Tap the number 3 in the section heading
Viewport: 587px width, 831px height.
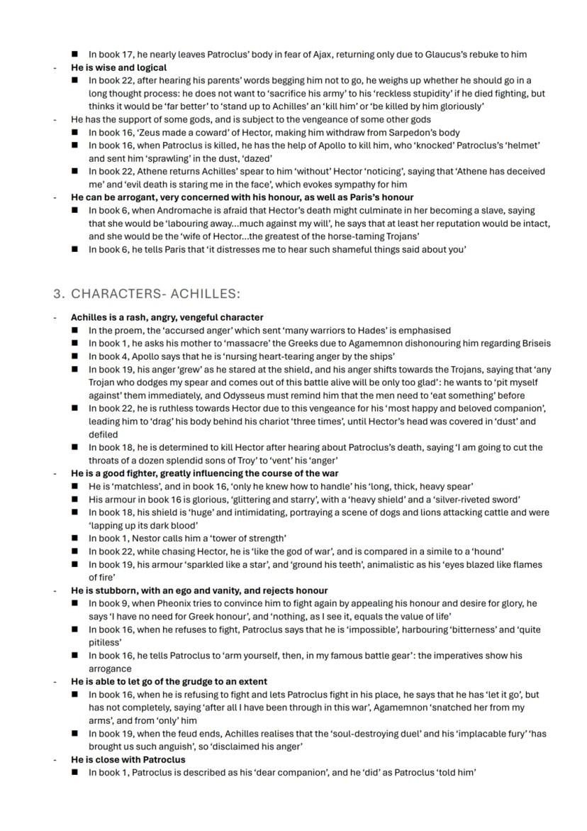tap(57, 294)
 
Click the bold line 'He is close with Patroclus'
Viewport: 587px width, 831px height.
tap(128, 759)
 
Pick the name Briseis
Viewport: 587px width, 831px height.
tap(532, 343)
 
